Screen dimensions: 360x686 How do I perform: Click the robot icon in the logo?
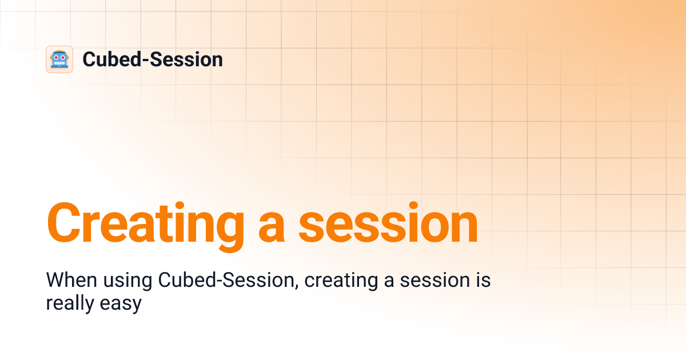tap(59, 59)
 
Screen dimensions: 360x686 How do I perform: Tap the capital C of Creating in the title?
tap(64, 223)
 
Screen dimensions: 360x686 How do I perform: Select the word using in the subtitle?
tap(127, 282)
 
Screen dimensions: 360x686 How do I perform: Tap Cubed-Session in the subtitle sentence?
tap(226, 281)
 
